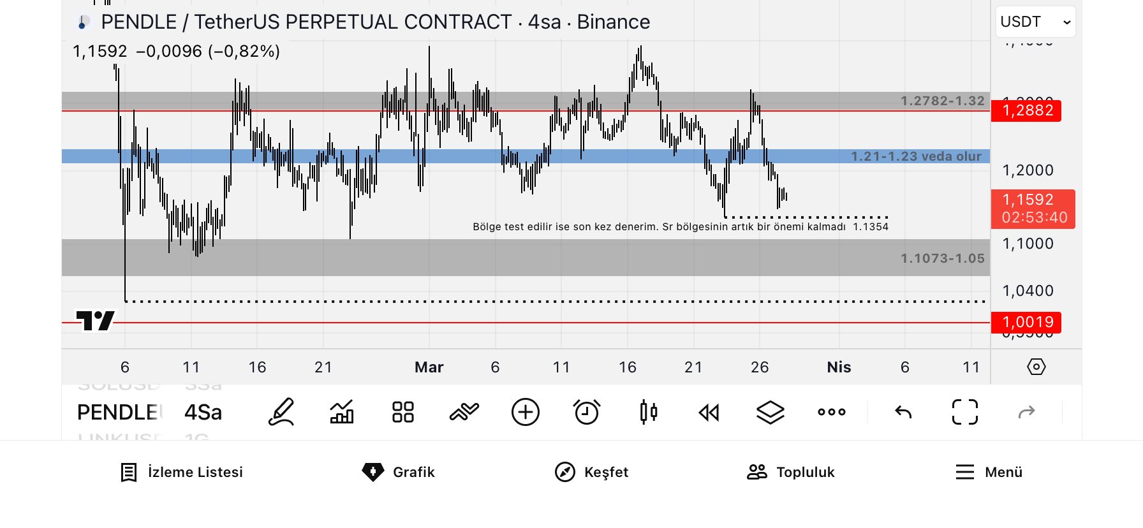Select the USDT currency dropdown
tap(1035, 22)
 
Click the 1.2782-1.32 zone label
tap(942, 101)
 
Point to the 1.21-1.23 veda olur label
tap(916, 156)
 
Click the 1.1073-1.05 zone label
tap(942, 258)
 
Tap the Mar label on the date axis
tap(429, 367)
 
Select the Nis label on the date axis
tap(839, 367)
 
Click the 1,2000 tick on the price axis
tap(1028, 170)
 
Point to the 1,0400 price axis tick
tap(1028, 291)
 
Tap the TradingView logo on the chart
tap(96, 320)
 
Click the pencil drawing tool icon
tap(281, 412)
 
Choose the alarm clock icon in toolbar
tap(586, 412)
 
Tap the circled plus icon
tap(526, 412)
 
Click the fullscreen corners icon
tap(964, 412)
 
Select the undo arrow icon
tap(903, 412)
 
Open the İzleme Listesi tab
tap(182, 472)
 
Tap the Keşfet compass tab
tap(591, 472)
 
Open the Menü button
tap(989, 472)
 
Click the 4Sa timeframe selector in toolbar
tap(203, 413)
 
